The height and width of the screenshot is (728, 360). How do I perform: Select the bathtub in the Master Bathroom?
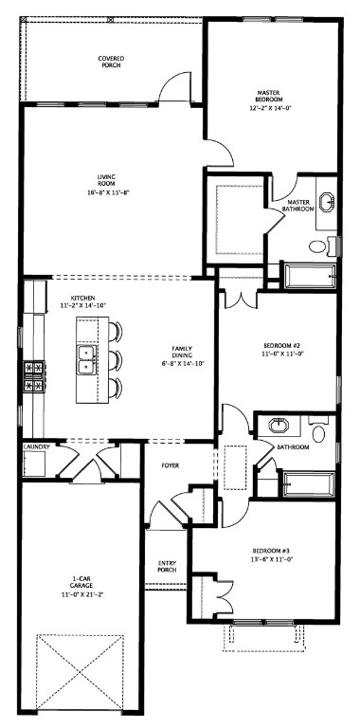click(308, 276)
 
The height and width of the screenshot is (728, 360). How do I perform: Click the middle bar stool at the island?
click(115, 360)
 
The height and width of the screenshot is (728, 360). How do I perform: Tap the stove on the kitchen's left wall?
click(36, 373)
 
